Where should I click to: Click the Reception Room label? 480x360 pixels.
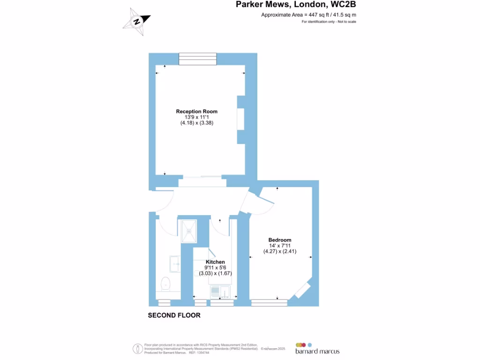click(x=197, y=112)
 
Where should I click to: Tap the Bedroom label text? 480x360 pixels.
click(x=280, y=240)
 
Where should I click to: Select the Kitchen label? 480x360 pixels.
click(x=216, y=262)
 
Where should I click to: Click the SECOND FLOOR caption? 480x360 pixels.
click(x=174, y=315)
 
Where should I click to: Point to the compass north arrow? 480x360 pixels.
click(x=137, y=21)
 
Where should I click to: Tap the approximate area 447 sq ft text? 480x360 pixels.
click(x=308, y=15)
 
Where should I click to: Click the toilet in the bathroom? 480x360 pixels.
click(x=165, y=284)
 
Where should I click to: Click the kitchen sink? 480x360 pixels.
click(x=220, y=292)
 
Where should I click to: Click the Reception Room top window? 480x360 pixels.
click(x=197, y=59)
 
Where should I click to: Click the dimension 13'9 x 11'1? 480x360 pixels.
click(x=197, y=117)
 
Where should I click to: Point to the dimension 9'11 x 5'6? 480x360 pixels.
click(x=216, y=268)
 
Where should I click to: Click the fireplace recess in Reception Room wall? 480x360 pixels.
click(x=241, y=119)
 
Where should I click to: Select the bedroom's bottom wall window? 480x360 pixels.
click(x=269, y=303)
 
